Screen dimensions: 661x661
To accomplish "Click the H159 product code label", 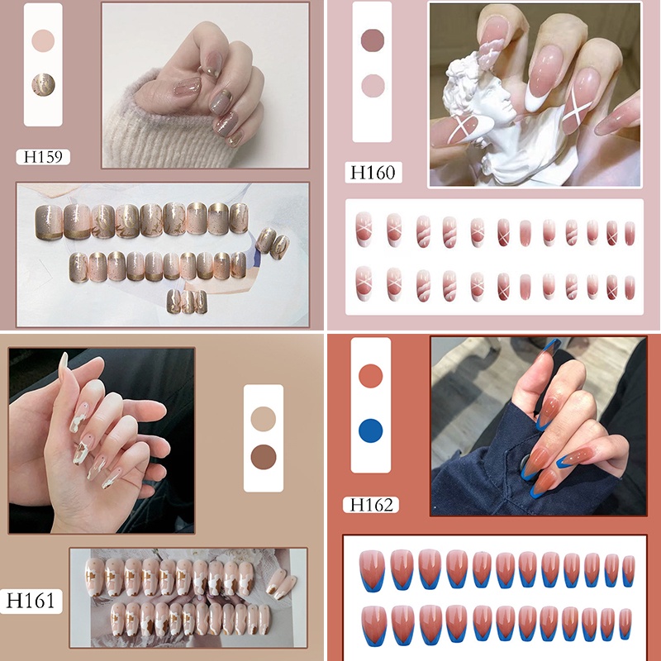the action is pyautogui.click(x=43, y=157).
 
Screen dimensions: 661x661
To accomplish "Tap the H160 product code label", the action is pyautogui.click(x=373, y=173).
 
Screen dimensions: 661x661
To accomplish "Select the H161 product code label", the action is pyautogui.click(x=31, y=601).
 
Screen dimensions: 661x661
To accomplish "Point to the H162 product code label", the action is pyautogui.click(x=371, y=505).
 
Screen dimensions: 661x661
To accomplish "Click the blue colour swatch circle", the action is pyautogui.click(x=370, y=430).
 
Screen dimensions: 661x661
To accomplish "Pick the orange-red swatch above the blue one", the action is pyautogui.click(x=370, y=376).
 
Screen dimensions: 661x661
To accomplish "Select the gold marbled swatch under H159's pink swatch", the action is pyautogui.click(x=44, y=85).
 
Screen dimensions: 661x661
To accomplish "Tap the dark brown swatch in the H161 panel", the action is pyautogui.click(x=264, y=457).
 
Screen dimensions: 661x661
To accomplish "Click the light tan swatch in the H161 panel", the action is pyautogui.click(x=264, y=419).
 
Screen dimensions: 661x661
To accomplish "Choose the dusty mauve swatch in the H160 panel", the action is pyautogui.click(x=373, y=40).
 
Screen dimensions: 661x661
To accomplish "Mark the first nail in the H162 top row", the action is pyautogui.click(x=373, y=570).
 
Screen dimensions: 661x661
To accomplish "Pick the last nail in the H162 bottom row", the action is pyautogui.click(x=625, y=624).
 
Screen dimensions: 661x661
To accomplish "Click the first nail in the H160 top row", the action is pyautogui.click(x=364, y=229).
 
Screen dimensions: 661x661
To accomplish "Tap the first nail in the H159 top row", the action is pyautogui.click(x=50, y=222).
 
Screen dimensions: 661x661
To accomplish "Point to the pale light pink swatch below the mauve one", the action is pyautogui.click(x=373, y=86).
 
